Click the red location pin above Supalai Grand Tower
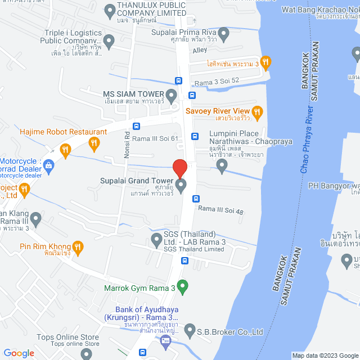point(179,168)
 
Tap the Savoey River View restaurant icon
point(258,111)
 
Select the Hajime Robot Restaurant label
point(63,132)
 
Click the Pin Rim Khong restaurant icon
point(78,246)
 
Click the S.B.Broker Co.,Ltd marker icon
point(190,331)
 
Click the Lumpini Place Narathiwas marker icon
point(222,165)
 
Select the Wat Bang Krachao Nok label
point(321,10)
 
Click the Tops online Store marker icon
point(85,353)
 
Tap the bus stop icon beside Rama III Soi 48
point(196,198)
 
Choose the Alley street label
point(200,51)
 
